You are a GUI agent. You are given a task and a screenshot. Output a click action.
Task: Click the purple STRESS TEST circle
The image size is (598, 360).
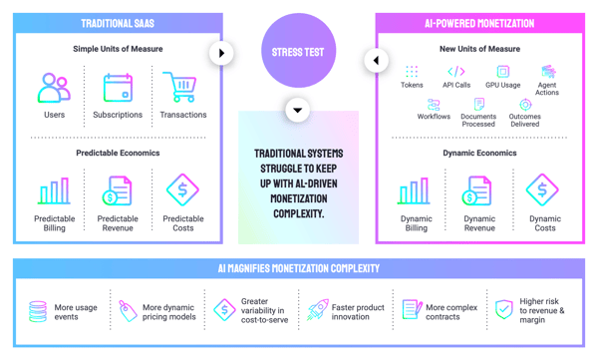[x=298, y=51]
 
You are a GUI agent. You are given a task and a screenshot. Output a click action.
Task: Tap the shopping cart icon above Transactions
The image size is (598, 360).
[x=179, y=87]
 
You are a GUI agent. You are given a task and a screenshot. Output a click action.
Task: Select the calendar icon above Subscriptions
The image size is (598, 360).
[x=118, y=88]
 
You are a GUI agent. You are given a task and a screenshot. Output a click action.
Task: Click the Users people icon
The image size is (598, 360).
[x=54, y=88]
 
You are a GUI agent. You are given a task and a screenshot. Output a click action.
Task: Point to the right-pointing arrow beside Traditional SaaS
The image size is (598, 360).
[x=221, y=53]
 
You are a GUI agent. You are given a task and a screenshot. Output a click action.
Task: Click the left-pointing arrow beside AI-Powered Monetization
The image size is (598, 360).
[x=376, y=60]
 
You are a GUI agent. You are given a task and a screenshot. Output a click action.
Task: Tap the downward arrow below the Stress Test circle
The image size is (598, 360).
[x=297, y=111]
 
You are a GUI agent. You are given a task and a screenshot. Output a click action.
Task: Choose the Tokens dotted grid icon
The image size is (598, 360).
[x=412, y=72]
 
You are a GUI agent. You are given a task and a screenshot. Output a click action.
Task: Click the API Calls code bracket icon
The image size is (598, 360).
[x=456, y=72]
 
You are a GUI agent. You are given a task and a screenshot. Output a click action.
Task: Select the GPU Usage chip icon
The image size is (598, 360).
[x=503, y=72]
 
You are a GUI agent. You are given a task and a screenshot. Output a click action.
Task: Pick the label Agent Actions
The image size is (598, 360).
[x=547, y=89]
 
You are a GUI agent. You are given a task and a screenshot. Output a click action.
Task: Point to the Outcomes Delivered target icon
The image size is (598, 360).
[x=525, y=105]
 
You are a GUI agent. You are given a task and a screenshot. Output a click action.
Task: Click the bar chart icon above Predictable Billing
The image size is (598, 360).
[x=54, y=190]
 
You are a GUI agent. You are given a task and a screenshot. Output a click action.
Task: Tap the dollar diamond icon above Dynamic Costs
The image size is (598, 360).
[x=542, y=189]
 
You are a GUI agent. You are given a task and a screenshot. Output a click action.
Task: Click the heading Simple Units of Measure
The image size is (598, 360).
[x=118, y=49]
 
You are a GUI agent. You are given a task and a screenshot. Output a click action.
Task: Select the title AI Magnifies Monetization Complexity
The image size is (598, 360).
[x=299, y=268]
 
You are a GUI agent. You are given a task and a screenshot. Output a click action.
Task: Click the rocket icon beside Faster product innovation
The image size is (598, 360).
[x=318, y=309]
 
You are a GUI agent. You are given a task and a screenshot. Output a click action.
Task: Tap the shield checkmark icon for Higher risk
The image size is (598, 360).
[x=503, y=309]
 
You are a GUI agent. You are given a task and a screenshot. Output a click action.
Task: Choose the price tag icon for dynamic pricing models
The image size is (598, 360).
[x=128, y=311]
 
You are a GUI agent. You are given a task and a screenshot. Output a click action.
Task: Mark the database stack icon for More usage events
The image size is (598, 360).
[x=38, y=311]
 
